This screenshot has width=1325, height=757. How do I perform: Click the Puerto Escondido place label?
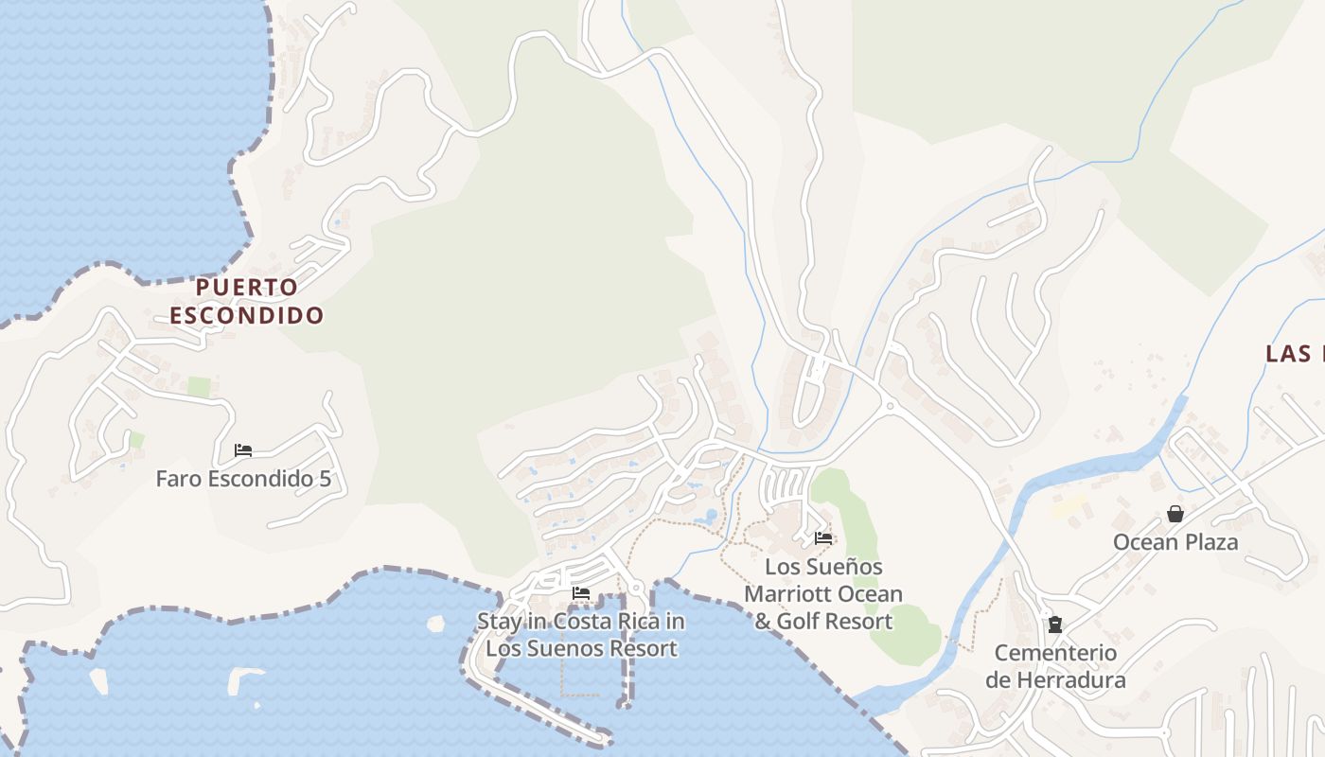[246, 301]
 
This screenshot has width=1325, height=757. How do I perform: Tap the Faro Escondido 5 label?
[243, 479]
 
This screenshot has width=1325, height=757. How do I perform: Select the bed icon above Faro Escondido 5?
[243, 450]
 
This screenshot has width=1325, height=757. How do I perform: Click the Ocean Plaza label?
[1175, 542]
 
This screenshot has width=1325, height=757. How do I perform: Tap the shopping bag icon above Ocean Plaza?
[1175, 514]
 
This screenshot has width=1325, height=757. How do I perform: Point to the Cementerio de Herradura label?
[1055, 666]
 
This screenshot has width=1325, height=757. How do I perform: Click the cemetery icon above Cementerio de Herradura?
[1055, 625]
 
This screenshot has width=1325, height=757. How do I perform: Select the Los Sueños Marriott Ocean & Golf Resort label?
[823, 594]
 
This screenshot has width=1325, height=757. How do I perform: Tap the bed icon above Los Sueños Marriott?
[823, 537]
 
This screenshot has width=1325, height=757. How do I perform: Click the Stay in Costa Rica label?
[581, 635]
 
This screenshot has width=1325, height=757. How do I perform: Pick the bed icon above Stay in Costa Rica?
[581, 593]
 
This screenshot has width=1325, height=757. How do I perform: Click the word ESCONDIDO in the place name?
[246, 315]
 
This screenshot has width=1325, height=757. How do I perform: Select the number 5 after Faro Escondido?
[326, 479]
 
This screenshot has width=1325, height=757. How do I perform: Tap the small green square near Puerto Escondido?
[199, 386]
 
